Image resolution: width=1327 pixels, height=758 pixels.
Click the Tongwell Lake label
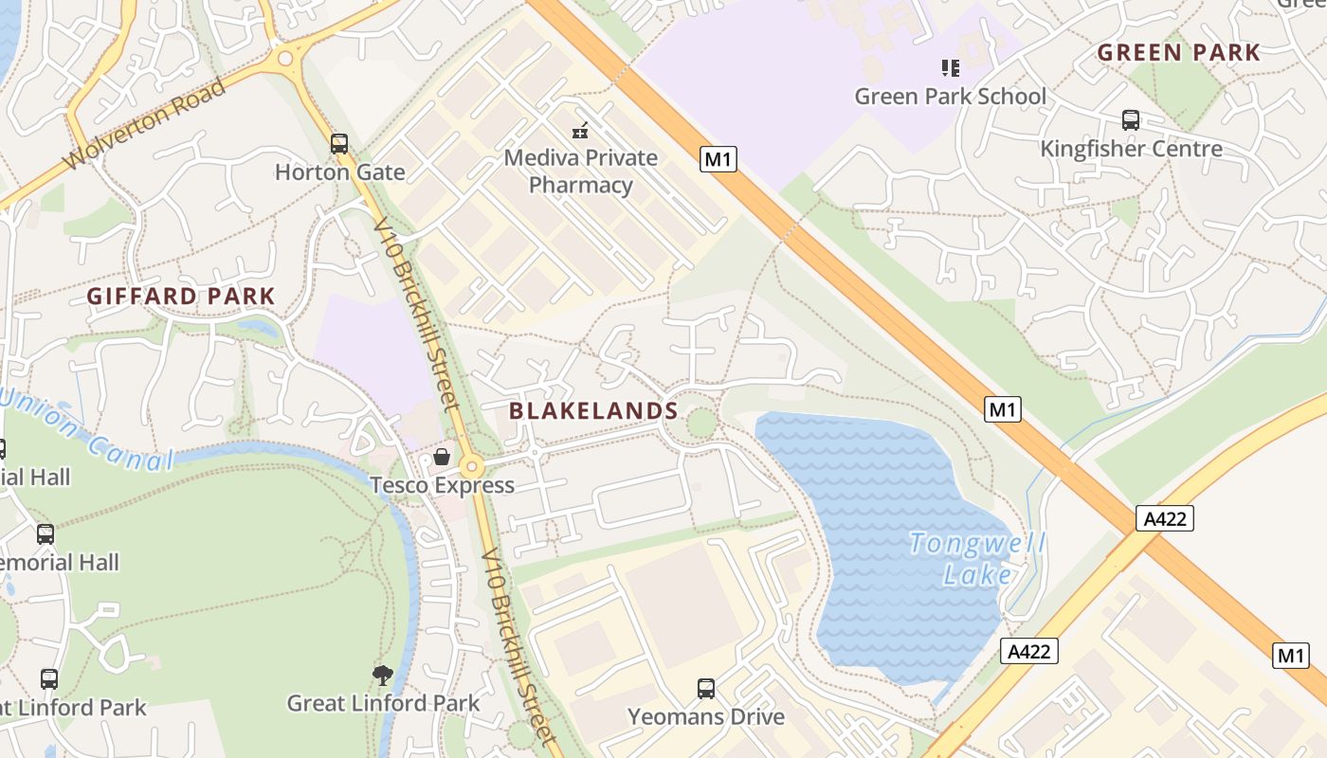coord(977,559)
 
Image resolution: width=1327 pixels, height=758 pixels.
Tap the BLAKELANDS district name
coord(593,410)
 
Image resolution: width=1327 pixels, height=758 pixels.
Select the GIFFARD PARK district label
coord(180,296)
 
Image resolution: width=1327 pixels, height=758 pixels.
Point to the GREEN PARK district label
coord(1179,52)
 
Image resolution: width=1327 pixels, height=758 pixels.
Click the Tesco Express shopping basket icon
coord(442,458)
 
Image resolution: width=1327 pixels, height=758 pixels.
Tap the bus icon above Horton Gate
coord(339,144)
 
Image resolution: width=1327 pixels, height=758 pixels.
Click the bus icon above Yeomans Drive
coord(706,689)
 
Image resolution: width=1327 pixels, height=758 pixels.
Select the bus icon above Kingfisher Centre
coord(1131,120)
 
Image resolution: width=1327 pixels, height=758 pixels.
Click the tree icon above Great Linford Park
coord(383,676)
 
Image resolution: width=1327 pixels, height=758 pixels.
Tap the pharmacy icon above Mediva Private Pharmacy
coord(580,131)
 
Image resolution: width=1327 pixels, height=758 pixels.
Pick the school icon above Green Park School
coord(950,68)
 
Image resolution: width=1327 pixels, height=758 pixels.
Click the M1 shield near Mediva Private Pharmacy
coord(718,158)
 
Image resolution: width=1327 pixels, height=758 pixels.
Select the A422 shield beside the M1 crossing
coord(1164,518)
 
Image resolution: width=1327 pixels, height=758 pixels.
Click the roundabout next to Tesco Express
coord(471,466)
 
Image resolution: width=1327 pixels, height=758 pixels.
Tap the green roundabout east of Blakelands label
coord(700,422)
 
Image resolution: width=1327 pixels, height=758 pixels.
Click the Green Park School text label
coord(951,96)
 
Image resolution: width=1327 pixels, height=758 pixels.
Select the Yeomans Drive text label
coord(706,716)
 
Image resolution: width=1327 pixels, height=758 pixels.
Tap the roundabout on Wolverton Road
coord(283,59)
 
